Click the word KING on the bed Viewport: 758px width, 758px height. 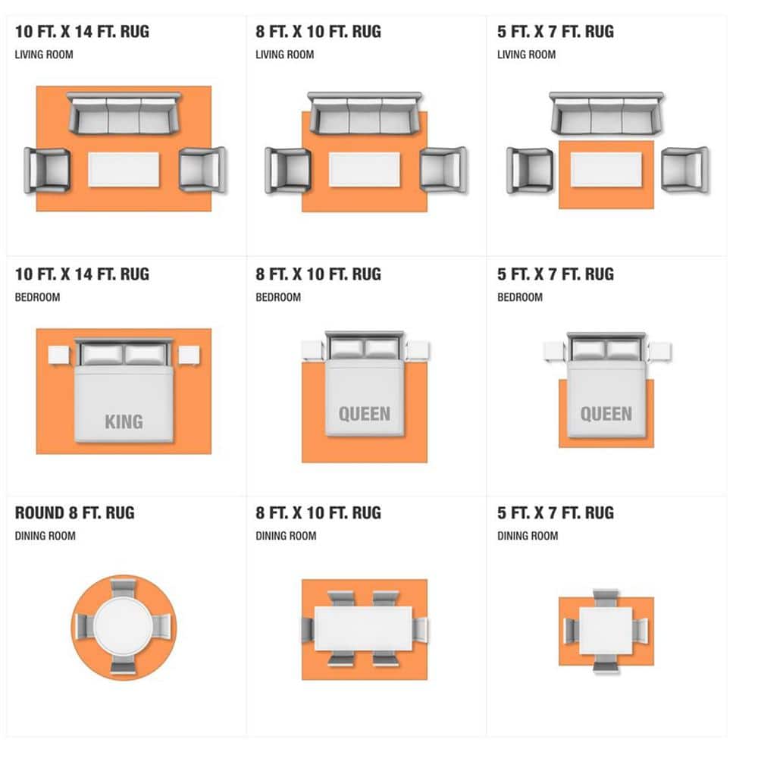pos(124,421)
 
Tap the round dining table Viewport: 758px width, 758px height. pos(124,627)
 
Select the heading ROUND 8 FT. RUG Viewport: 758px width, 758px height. pos(75,513)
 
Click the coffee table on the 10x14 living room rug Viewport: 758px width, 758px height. pos(124,169)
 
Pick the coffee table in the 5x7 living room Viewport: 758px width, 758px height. pos(606,169)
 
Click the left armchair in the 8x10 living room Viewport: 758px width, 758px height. pos(287,170)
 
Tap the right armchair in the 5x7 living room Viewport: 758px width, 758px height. pos(684,169)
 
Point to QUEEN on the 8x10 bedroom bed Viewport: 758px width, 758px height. pos(365,414)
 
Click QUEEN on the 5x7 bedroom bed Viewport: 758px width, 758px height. pos(606,414)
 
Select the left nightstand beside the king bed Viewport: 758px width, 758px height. pos(59,356)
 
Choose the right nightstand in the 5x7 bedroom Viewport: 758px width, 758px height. pos(660,352)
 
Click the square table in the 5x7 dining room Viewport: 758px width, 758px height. pos(606,631)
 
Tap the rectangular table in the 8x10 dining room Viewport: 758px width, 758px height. pos(364,628)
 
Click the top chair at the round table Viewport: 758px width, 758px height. pos(124,589)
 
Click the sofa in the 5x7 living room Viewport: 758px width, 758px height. pos(606,113)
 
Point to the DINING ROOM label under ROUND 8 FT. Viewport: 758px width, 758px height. pos(45,536)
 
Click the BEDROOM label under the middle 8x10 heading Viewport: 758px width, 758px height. pos(278,297)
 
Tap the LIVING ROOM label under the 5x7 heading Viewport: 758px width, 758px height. pos(527,54)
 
